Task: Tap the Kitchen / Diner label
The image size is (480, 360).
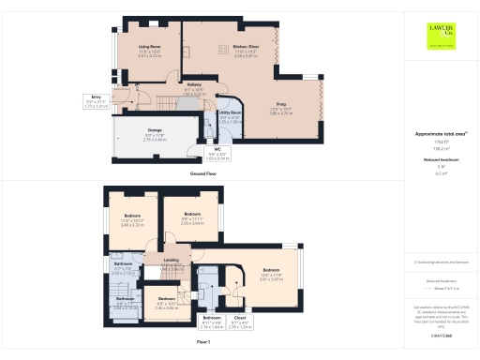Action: pyautogui.click(x=232, y=48)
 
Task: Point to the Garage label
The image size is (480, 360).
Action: pyautogui.click(x=156, y=133)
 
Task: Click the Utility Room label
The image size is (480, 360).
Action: pyautogui.click(x=231, y=118)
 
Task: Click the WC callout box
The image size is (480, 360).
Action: pyautogui.click(x=216, y=155)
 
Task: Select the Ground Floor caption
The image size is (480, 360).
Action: pyautogui.click(x=203, y=174)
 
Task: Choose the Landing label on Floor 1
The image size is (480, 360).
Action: pyautogui.click(x=172, y=262)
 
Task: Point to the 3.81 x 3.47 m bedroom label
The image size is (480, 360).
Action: pyautogui.click(x=271, y=277)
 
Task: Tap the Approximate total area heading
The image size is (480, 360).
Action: pyautogui.click(x=441, y=134)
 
